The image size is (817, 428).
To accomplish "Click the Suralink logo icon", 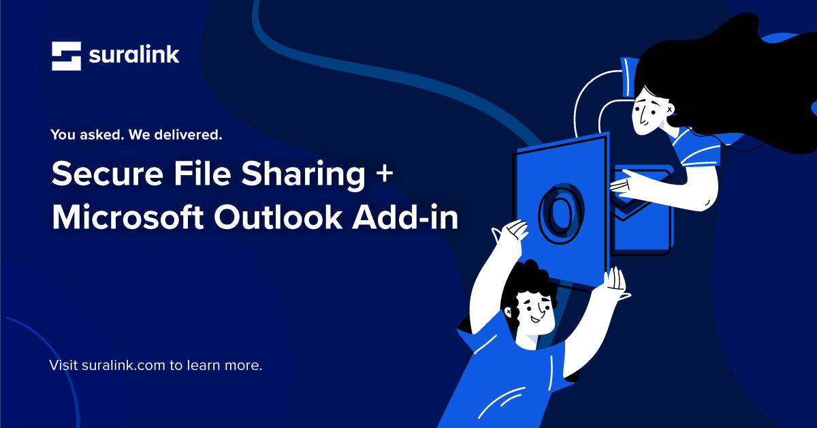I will click(x=66, y=56).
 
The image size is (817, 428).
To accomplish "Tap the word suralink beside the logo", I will click(x=134, y=55).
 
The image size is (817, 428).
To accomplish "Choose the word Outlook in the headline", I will click(x=283, y=217).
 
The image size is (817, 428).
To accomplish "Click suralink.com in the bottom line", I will click(x=123, y=365).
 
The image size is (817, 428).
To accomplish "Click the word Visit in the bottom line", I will click(x=63, y=365).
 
